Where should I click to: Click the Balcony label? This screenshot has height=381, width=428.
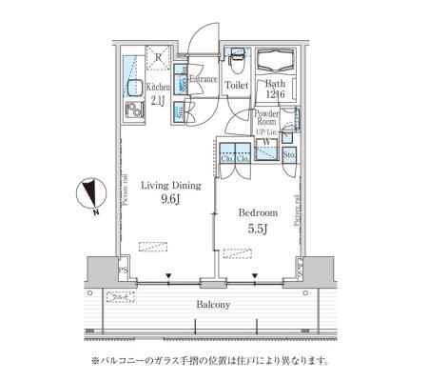[214, 305]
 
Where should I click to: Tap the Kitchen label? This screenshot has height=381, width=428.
[157, 85]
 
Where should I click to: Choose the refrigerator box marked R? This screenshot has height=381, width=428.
[158, 60]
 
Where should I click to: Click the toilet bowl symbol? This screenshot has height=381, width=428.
[236, 59]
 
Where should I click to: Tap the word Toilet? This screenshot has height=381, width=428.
[236, 86]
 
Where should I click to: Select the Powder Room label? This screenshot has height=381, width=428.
[266, 117]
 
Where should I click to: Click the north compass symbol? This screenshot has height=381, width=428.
[89, 193]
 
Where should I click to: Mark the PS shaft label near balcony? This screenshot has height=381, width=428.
[122, 271]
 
